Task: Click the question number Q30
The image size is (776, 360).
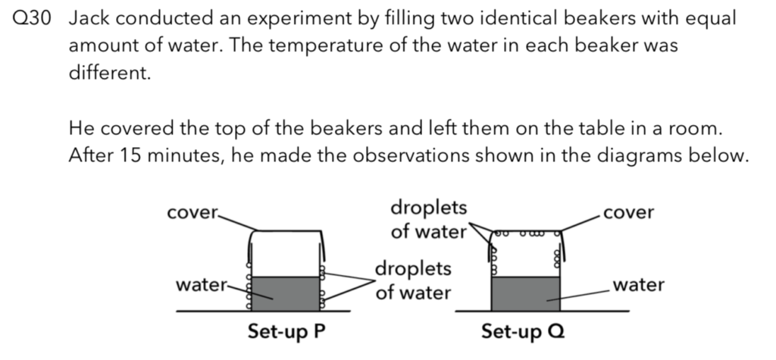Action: click(31, 19)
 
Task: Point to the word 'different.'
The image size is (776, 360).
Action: click(109, 74)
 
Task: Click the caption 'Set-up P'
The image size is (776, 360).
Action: click(287, 331)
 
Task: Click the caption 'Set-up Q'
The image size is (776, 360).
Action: click(523, 331)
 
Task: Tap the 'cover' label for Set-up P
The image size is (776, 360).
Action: click(192, 213)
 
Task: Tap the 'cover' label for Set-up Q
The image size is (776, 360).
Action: click(628, 212)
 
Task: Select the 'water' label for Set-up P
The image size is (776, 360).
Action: click(202, 285)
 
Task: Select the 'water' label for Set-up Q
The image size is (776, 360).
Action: click(638, 285)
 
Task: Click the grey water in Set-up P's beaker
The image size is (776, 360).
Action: click(286, 293)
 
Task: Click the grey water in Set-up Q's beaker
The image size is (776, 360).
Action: click(526, 293)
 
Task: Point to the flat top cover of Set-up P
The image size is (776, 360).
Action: click(288, 230)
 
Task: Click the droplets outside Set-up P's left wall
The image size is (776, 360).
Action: click(249, 292)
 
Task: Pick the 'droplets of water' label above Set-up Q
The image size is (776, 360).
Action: click(429, 219)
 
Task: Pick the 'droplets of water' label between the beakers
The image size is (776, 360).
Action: click(413, 280)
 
